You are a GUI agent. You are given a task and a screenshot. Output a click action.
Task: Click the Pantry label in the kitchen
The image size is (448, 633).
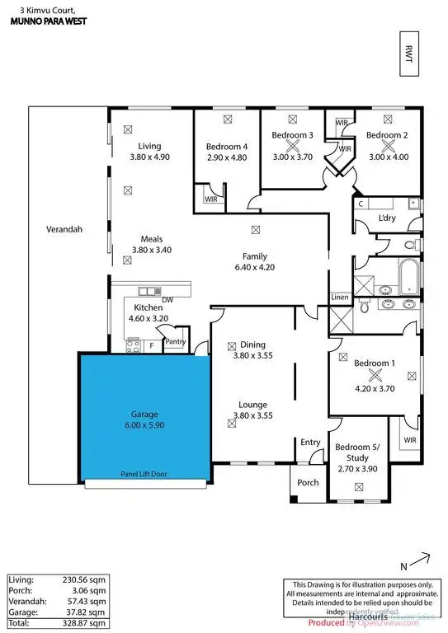[175, 341]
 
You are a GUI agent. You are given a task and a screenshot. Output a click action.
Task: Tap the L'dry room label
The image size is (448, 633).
[387, 218]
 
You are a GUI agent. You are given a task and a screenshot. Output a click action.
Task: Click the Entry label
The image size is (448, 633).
[310, 443]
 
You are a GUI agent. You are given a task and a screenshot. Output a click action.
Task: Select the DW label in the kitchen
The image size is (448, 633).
[167, 300]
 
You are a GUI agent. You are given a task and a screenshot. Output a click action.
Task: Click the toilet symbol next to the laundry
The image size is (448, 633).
[412, 245]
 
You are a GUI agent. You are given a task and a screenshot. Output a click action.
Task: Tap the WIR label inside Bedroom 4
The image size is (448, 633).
[210, 198]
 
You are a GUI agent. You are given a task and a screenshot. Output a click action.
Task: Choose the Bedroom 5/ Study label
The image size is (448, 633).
[357, 452]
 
